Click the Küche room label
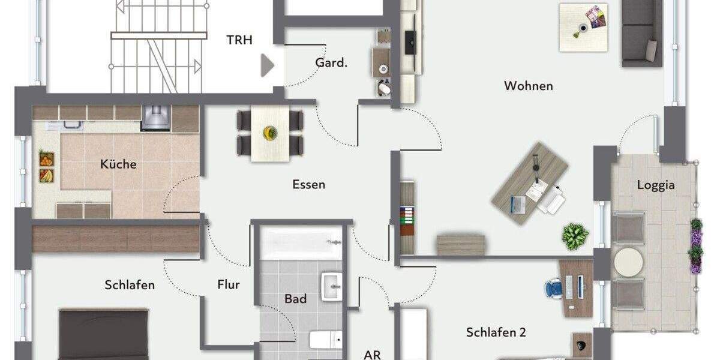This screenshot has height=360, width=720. click(118, 164)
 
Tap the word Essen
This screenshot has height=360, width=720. click(308, 184)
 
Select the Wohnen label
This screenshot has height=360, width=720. click(528, 86)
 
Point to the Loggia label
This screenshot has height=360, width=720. click(655, 185)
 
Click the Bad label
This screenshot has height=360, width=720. click(295, 298)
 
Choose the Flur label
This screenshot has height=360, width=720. click(228, 284)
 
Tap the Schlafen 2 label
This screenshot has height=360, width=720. click(496, 332)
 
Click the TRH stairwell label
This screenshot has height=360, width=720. click(239, 40)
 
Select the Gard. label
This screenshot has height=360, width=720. click(331, 62)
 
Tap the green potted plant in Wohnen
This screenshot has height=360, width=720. click(575, 236)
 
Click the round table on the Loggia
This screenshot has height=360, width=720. click(628, 262)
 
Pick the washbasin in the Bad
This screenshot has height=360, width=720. click(332, 286)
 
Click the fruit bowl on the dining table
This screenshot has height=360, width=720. click(269, 131)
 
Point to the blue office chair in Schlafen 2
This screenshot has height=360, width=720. click(555, 287)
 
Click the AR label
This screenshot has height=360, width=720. click(372, 354)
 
